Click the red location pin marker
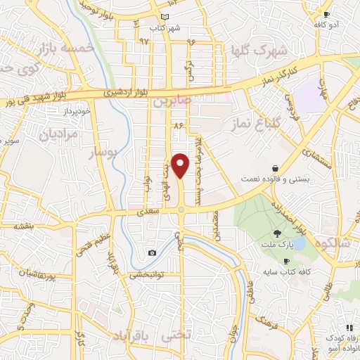tap(181, 165)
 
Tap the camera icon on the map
tap(153, 252)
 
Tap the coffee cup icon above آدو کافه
tap(326, 14)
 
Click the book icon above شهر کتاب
tap(165, 16)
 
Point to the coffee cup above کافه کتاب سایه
tap(285, 261)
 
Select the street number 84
tap(178, 124)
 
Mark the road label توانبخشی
tap(148, 275)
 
